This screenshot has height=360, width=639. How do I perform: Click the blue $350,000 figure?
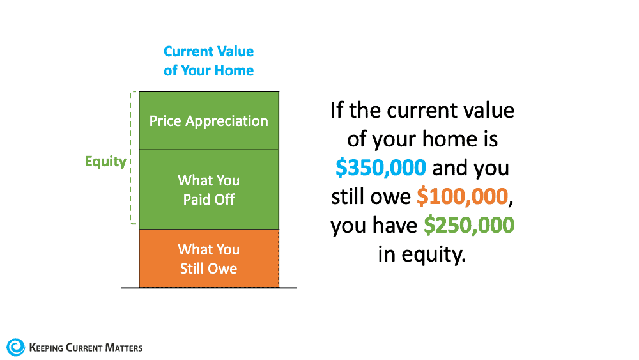381,168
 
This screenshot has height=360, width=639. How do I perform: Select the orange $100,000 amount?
463,196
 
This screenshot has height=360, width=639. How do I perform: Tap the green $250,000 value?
469,226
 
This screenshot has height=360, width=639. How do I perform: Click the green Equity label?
105,162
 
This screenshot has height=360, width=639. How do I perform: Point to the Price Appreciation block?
209,121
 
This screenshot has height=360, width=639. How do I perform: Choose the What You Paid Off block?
209,189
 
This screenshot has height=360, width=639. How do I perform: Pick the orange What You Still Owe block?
209,258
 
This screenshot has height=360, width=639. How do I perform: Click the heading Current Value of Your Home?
209,61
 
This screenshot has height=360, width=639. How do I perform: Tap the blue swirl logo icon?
15,347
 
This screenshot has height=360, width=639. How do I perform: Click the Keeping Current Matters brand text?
86,348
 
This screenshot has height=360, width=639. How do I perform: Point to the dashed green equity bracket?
131,158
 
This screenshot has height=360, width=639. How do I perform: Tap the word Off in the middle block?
224,200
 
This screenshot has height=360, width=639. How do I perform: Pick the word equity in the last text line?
434,255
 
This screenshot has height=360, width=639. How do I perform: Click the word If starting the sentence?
337,110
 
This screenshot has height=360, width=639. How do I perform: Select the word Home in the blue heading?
234,70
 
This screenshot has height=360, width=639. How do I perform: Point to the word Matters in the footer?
124,348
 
